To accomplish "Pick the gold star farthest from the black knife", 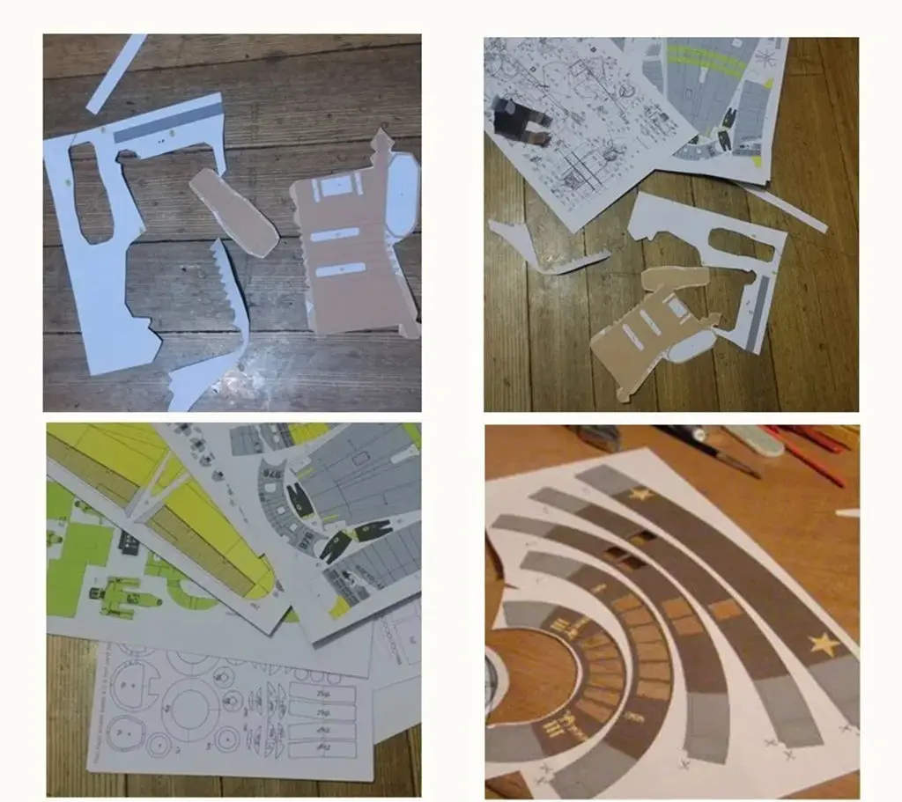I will pos(824,645).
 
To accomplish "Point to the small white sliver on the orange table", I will pos(847,511).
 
